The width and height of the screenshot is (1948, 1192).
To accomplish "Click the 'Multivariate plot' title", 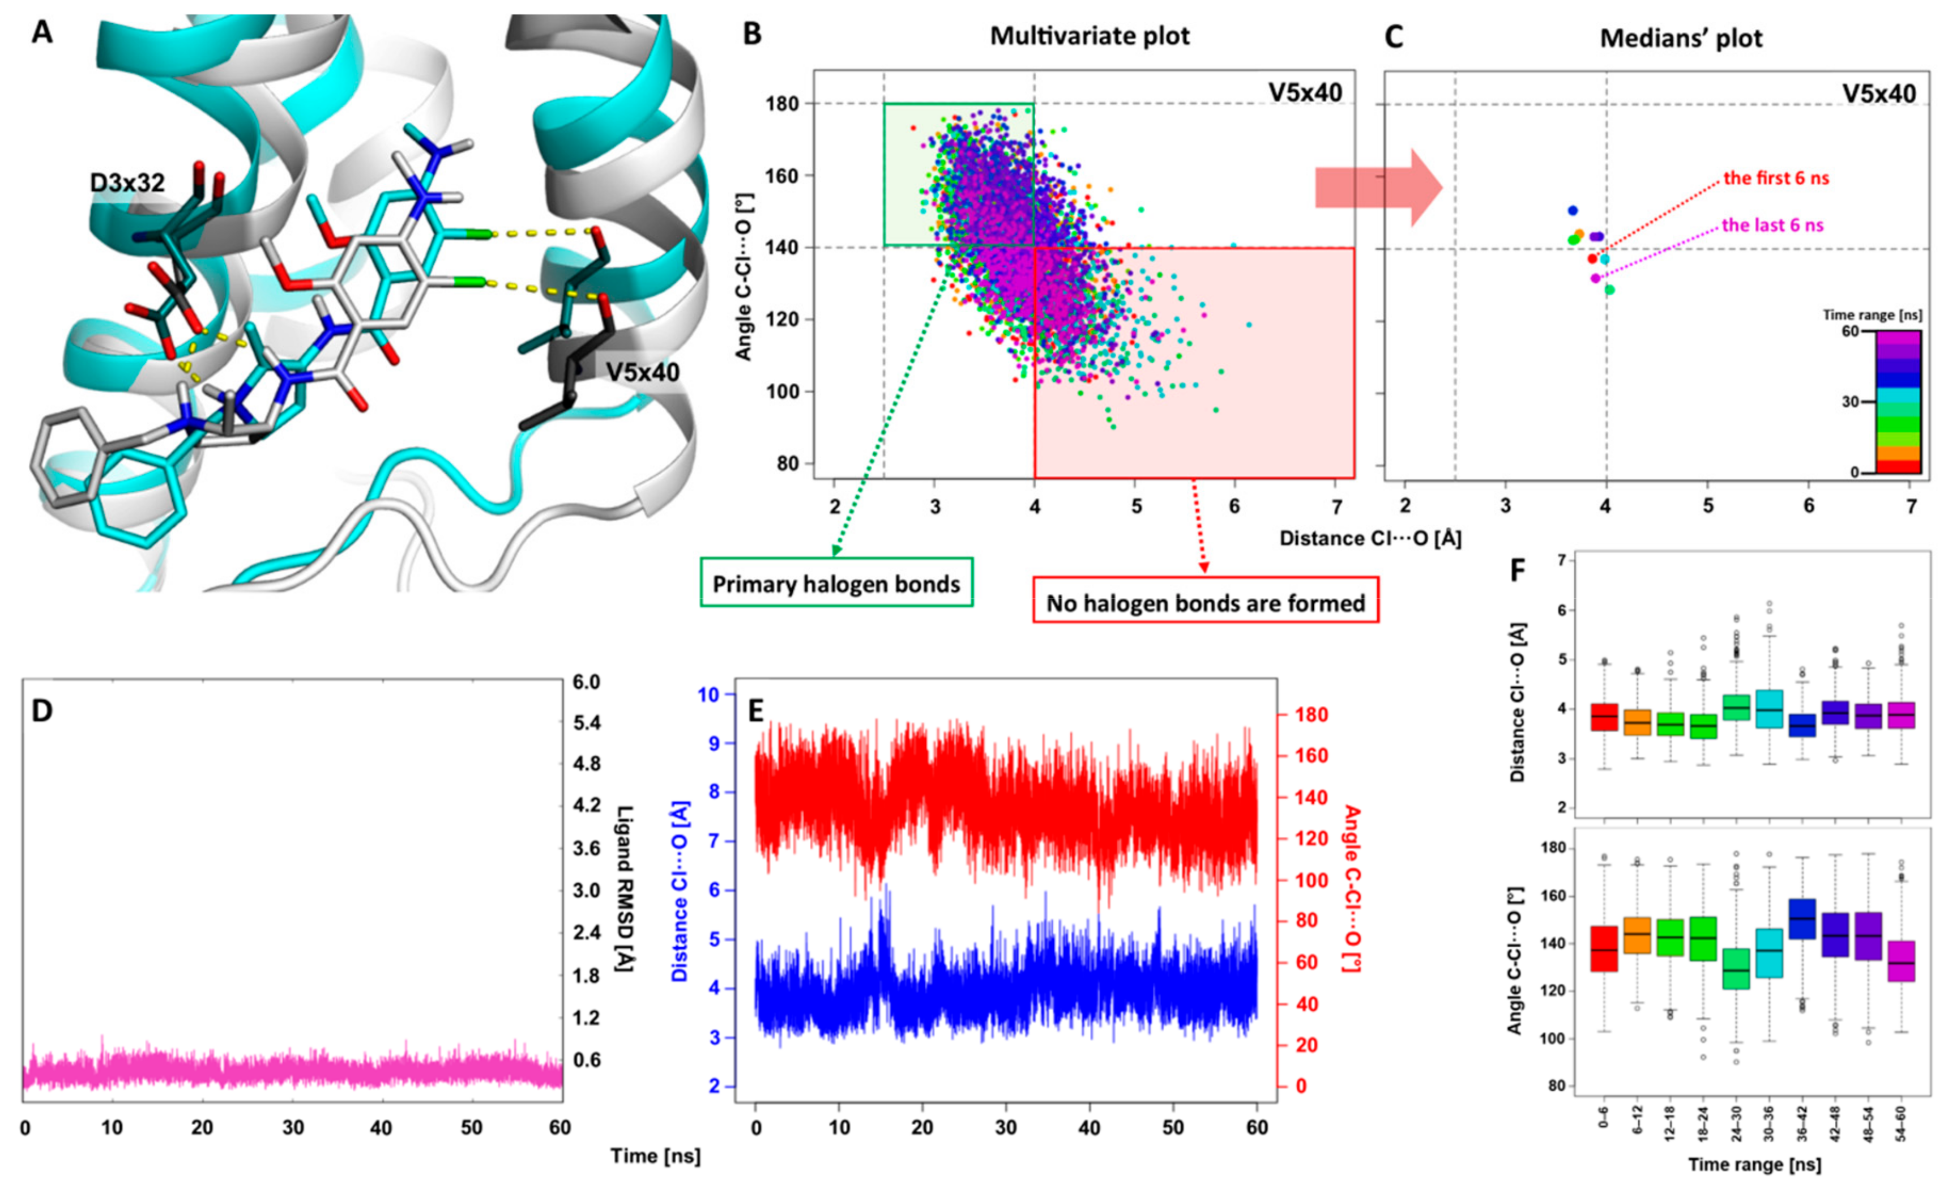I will pyautogui.click(x=1090, y=36).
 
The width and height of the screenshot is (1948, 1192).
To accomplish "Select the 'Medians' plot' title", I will pyautogui.click(x=1681, y=39).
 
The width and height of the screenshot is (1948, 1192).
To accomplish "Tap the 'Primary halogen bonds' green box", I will pyautogui.click(x=836, y=584).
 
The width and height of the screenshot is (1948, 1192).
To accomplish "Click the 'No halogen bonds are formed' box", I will pyautogui.click(x=1206, y=603).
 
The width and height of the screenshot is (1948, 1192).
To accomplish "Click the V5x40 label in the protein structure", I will pyautogui.click(x=642, y=372).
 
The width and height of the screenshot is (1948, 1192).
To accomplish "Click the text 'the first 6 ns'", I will pyautogui.click(x=1776, y=178).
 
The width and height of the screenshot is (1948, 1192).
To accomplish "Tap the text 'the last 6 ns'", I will pyautogui.click(x=1772, y=225).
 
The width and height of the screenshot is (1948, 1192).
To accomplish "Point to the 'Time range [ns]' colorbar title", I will pyautogui.click(x=1872, y=315).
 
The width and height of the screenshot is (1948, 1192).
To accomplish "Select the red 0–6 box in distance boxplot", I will pyautogui.click(x=1604, y=717).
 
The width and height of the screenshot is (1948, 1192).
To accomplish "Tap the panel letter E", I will pyautogui.click(x=756, y=711).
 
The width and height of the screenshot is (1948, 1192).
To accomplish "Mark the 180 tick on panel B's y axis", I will pyautogui.click(x=782, y=104).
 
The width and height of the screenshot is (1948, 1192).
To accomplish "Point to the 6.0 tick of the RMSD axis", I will pyautogui.click(x=586, y=682).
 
